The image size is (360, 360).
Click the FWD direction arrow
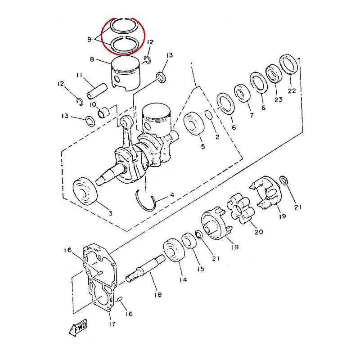pyautogui.click(x=78, y=328)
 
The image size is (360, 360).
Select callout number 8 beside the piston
pyautogui.click(x=92, y=59)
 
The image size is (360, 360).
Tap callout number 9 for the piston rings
pyautogui.click(x=89, y=40)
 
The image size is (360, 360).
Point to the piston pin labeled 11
pyautogui.click(x=97, y=91)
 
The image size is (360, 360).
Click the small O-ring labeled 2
pyautogui.click(x=208, y=115)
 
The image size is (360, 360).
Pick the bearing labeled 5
pyautogui.click(x=194, y=124)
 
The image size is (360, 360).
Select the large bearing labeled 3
pyautogui.click(x=85, y=191)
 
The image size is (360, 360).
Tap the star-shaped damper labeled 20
pyautogui.click(x=241, y=208)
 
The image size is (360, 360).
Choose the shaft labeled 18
pyautogui.click(x=145, y=268)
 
